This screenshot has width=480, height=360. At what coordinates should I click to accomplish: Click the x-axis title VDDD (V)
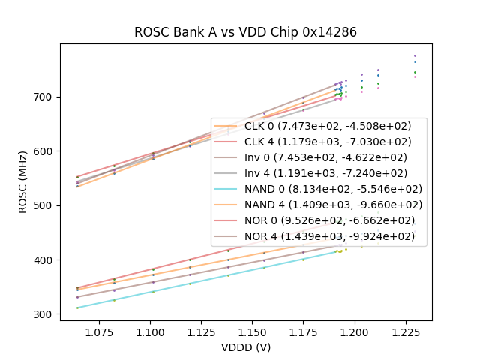click(x=246, y=347)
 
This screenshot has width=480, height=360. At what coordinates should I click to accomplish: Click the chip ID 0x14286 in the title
click(x=326, y=32)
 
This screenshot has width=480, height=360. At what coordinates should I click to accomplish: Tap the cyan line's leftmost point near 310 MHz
click(x=77, y=307)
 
